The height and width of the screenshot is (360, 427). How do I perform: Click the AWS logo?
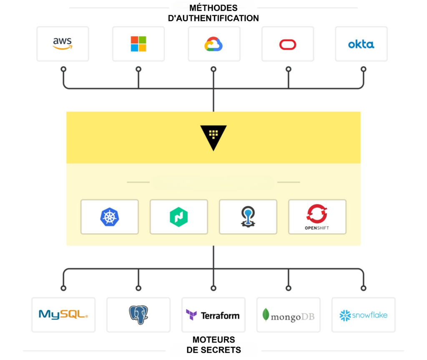pos(63,44)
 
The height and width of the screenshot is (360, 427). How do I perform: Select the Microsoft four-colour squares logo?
pos(138,44)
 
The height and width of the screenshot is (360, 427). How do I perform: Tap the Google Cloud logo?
pos(214,44)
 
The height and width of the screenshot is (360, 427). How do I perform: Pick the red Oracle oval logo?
pos(288,44)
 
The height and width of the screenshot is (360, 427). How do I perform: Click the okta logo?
pos(361,44)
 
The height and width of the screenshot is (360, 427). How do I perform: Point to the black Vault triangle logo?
pos(213,137)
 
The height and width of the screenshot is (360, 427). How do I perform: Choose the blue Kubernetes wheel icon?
pos(110,217)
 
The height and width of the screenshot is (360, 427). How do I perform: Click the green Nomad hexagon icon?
pos(178,217)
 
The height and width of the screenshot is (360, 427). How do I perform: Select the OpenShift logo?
pos(317,217)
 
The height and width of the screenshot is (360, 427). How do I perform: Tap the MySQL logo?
pos(63,315)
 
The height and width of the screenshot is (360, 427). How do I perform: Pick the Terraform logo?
pos(213,315)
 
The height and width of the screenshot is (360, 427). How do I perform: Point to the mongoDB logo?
pos(288,315)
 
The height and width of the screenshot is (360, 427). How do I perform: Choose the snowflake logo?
pos(363,315)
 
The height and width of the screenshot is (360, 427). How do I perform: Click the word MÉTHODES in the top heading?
pos(213,8)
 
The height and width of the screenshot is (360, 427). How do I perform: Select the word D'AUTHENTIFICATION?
pos(213,18)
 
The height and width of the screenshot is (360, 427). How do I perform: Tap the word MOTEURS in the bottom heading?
pos(213,340)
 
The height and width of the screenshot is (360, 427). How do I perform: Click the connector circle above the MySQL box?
pos(63,288)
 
